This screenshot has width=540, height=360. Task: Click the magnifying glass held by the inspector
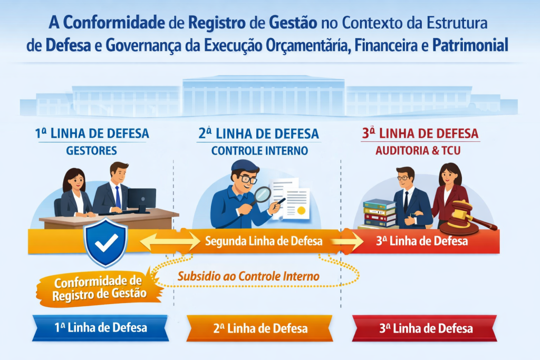coord(262,196)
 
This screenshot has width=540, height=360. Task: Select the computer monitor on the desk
coord(141,200)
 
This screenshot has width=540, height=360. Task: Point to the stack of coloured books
coord(379,213)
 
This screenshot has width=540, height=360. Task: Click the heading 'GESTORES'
coord(92,151)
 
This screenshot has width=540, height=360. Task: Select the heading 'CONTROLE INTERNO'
coord(259,151)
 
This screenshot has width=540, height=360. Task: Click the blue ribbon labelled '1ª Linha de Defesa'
coord(100,328)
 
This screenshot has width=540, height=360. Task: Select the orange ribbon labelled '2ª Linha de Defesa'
coord(260,328)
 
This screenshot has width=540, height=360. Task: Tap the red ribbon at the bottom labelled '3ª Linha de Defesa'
coord(425,328)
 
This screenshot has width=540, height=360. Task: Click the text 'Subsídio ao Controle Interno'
coord(248,276)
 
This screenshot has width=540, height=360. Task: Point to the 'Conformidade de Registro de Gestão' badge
coord(99,287)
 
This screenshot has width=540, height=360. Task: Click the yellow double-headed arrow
coord(169,242)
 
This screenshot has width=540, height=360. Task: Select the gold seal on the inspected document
coord(301,211)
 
